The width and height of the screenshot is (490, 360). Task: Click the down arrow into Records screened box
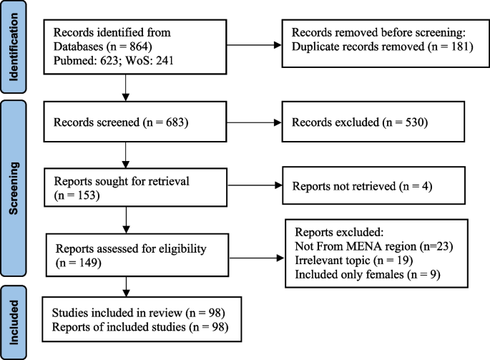[126, 92]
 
